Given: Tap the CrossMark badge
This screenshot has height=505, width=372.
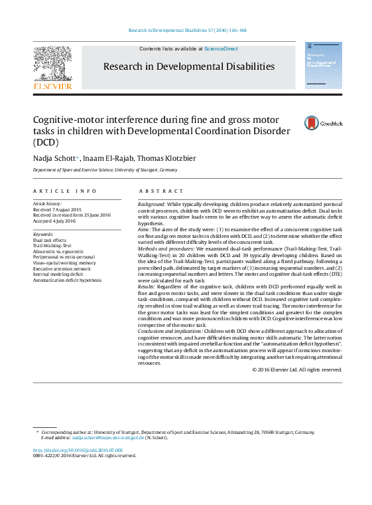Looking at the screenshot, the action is click(x=312, y=122).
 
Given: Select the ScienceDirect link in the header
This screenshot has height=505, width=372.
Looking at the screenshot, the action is click(x=221, y=49).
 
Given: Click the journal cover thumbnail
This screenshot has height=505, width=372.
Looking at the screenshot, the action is click(x=322, y=65).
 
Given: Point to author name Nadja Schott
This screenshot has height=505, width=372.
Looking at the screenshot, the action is click(x=55, y=157).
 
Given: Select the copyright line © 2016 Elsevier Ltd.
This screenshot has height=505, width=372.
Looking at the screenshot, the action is click(x=297, y=369).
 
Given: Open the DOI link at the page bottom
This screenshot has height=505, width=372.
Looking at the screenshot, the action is click(x=78, y=450).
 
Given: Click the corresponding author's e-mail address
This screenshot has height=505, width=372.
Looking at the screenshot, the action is click(x=108, y=438).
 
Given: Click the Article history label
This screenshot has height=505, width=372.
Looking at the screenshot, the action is click(x=47, y=203).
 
